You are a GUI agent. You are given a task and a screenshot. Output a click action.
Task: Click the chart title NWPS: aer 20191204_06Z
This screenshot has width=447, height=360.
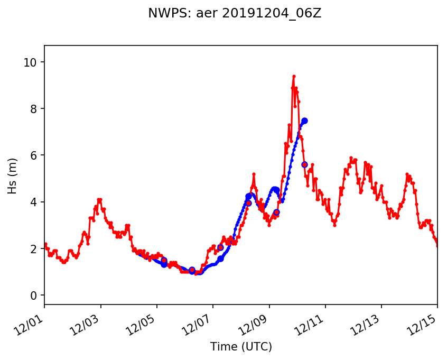click(x=235, y=14)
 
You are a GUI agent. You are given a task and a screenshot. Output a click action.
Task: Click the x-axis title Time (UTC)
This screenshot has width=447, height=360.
click(x=241, y=347)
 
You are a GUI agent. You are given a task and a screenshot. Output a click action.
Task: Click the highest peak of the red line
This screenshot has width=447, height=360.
click(x=294, y=76)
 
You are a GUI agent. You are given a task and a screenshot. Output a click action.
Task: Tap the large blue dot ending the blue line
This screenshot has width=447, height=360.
click(x=304, y=121)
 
